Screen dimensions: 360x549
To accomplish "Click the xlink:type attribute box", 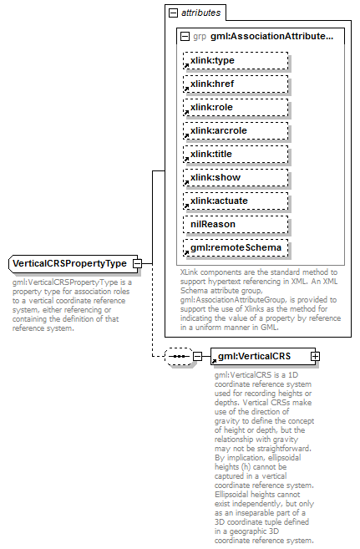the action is click(x=236, y=60).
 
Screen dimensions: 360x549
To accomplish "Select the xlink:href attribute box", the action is click(x=236, y=84).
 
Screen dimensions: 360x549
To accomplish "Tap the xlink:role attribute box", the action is click(x=236, y=107).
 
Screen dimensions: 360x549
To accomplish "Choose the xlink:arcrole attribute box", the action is click(x=236, y=130).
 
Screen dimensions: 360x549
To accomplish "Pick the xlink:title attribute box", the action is click(x=236, y=154).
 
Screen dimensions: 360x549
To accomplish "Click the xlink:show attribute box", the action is click(x=236, y=177).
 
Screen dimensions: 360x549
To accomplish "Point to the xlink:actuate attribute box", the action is click(x=236, y=201).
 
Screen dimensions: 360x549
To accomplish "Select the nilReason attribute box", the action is click(x=236, y=224).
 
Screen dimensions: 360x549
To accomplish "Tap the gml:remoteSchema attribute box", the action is click(x=236, y=247).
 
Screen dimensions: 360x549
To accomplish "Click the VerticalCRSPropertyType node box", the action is click(x=70, y=264).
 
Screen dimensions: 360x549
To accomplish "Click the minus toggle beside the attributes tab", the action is click(x=173, y=13).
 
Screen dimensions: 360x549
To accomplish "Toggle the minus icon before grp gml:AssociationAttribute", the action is click(x=185, y=37).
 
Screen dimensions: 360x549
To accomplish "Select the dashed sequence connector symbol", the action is click(x=178, y=357).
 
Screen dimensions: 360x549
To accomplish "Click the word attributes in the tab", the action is click(x=201, y=13).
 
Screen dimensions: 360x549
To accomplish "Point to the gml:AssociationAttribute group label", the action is click(x=271, y=37).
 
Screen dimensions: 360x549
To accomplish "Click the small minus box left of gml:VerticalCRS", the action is click(x=198, y=357).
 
